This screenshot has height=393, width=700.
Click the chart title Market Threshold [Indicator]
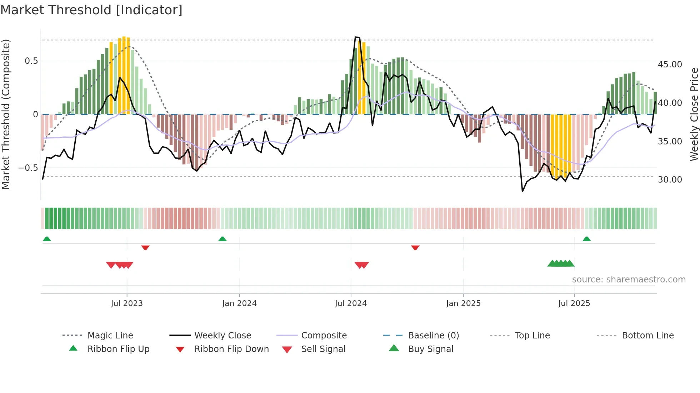[91, 10]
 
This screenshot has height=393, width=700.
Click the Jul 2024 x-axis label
[351, 303]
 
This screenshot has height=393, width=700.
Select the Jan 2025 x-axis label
[463, 303]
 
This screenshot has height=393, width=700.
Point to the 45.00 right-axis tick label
[670, 65]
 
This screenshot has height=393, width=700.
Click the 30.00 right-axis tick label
[670, 180]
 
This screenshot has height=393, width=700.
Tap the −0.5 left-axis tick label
[28, 168]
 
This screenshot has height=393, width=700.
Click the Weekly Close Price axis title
[694, 114]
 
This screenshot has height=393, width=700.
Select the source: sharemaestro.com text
[629, 280]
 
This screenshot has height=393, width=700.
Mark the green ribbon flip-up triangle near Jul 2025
[586, 239]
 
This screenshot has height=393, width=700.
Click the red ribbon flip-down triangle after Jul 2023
[145, 247]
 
